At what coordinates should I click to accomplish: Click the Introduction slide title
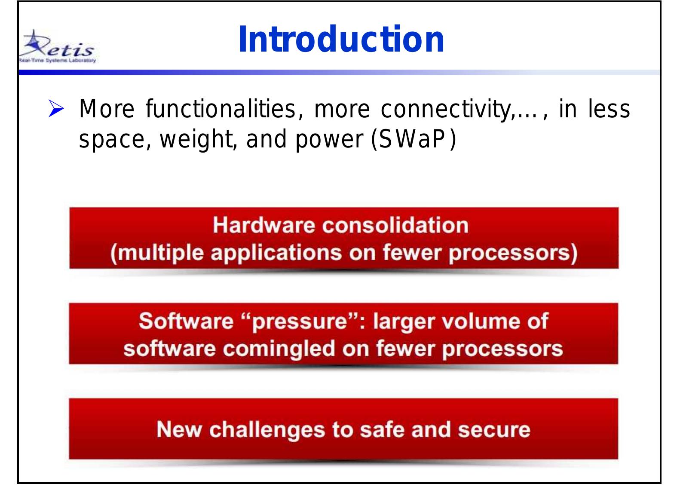coord(341,40)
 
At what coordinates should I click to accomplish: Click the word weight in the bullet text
coord(196,140)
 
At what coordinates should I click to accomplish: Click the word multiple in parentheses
coord(157,253)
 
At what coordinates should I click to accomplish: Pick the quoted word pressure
coord(299,321)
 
